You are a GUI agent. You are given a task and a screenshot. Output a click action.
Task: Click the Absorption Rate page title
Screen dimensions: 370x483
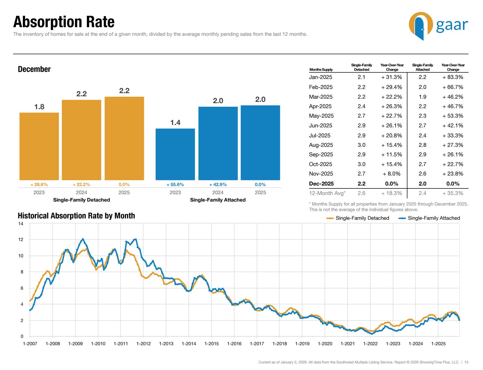click(x=64, y=22)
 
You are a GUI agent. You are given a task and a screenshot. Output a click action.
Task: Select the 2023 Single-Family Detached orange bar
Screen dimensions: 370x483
click(x=39, y=146)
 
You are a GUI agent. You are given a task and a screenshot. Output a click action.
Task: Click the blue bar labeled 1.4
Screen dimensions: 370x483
click(x=175, y=154)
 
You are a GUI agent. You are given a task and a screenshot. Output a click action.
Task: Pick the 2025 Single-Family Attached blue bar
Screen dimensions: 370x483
click(x=260, y=143)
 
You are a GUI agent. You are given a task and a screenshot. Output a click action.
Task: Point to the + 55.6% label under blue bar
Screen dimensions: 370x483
click(x=175, y=185)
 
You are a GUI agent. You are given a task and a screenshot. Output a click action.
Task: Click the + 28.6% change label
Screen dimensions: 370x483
click(x=39, y=185)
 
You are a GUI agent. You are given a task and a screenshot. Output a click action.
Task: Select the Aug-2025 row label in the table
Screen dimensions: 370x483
click(x=321, y=145)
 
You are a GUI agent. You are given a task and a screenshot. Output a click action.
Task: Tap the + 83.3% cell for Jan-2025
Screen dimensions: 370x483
click(x=453, y=77)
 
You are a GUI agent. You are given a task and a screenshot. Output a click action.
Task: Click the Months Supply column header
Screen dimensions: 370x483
click(x=321, y=70)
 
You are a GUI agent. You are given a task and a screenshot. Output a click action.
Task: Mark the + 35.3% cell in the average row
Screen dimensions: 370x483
click(x=453, y=193)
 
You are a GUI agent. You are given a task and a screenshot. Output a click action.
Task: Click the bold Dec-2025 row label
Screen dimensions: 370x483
click(x=321, y=184)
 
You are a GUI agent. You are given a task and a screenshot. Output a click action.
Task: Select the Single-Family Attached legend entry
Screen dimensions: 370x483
click(x=433, y=218)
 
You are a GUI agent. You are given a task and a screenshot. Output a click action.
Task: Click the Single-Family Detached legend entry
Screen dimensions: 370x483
click(x=362, y=218)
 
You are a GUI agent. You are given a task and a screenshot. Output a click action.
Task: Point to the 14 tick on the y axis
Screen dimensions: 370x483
click(x=21, y=224)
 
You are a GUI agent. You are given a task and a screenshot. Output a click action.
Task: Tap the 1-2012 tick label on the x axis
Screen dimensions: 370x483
click(x=143, y=344)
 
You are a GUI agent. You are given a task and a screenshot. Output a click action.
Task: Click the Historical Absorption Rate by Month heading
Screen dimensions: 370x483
click(x=76, y=216)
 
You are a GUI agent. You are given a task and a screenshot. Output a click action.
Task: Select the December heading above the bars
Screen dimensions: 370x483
click(x=34, y=69)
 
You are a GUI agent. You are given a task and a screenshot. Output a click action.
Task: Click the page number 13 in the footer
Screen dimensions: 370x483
click(x=466, y=362)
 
